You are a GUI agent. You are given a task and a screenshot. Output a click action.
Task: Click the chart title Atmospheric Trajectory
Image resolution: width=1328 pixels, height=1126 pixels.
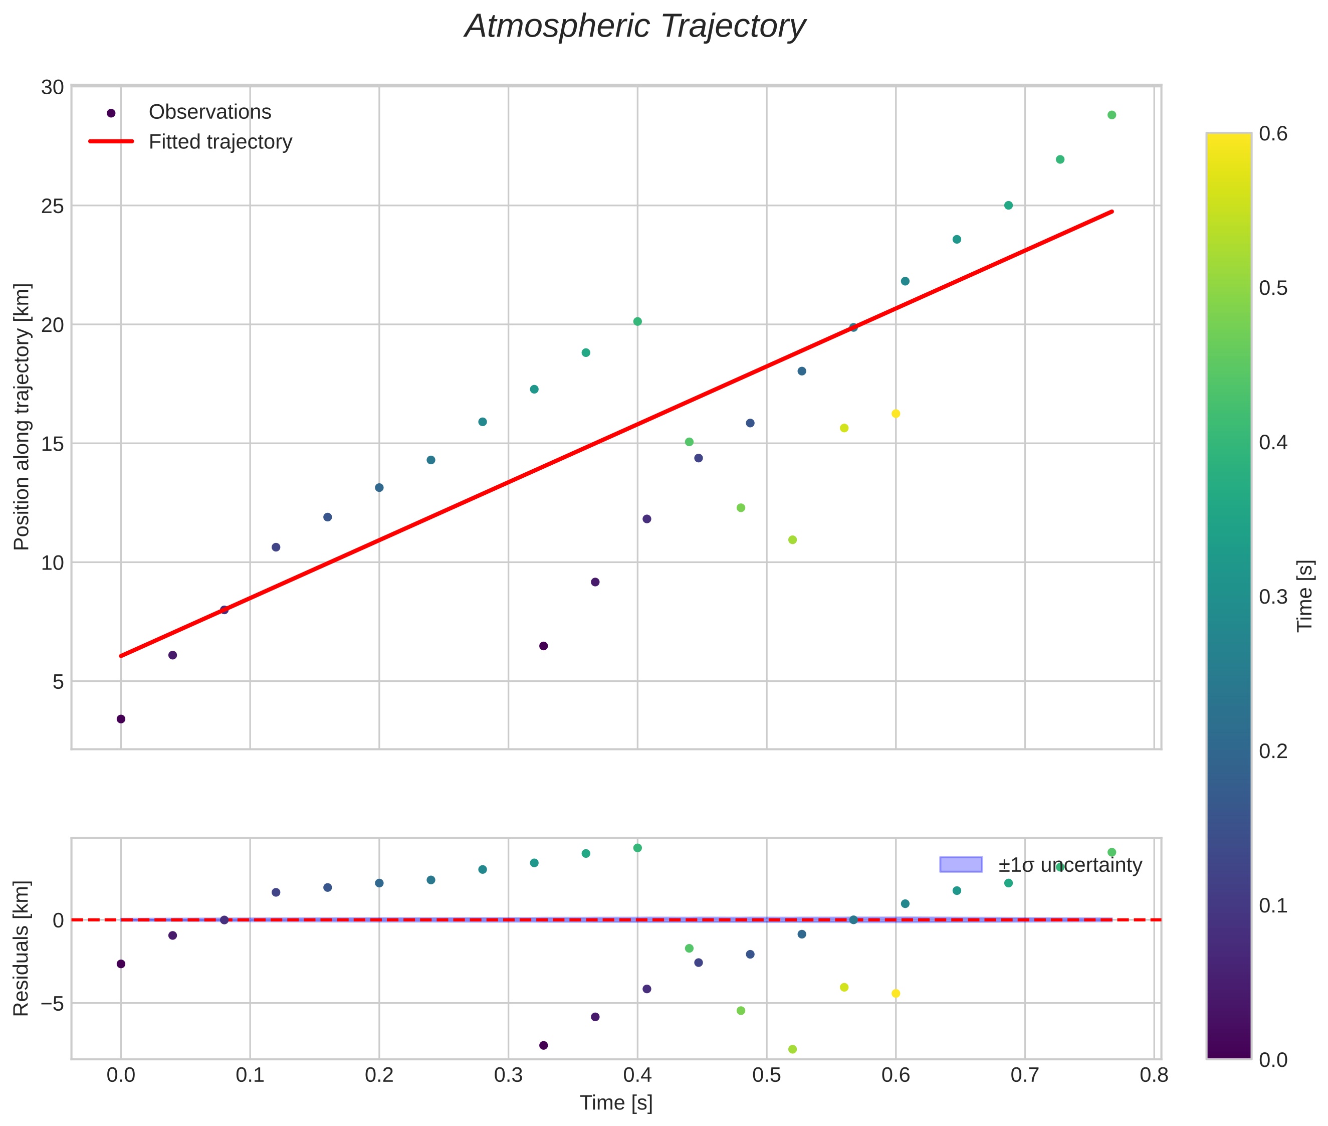point(635,27)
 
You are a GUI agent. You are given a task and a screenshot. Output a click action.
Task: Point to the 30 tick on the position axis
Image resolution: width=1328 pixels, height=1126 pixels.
point(52,87)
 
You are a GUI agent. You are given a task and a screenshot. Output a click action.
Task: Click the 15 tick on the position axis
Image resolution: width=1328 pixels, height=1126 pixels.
point(52,444)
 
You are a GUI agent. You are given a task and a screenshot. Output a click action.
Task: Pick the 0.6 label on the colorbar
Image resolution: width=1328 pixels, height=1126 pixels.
point(1272,134)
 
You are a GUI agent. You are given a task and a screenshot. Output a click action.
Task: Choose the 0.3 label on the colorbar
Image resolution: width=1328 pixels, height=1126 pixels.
point(1272,597)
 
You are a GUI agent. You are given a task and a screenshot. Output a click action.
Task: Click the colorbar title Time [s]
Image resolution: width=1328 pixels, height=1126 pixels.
point(1305,596)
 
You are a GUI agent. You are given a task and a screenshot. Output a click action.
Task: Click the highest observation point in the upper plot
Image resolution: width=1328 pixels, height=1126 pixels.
point(1112,115)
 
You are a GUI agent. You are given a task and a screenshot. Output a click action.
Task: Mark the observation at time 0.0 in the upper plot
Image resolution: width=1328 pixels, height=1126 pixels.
point(121,719)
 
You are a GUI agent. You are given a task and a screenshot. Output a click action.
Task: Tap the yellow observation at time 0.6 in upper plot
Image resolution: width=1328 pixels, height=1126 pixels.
point(896,414)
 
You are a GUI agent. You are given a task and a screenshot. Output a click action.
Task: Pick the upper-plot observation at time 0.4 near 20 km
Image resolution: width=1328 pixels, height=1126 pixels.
point(637,321)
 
